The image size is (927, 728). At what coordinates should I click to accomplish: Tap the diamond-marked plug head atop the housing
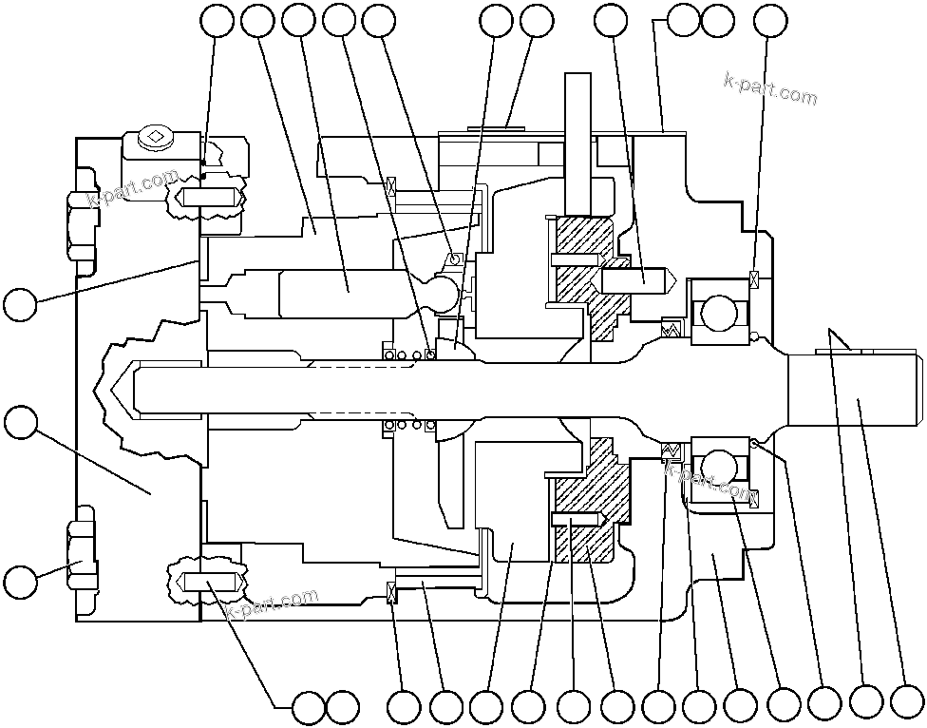(154, 139)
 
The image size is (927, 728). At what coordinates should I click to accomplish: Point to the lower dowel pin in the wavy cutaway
(209, 581)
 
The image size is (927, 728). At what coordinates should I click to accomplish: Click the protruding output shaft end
(855, 391)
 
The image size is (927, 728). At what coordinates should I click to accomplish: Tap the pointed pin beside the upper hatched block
(637, 277)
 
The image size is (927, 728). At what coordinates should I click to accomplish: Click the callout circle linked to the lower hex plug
(21, 580)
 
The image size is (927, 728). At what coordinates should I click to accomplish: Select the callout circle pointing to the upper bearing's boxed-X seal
(768, 18)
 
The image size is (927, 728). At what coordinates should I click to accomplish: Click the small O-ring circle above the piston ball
(455, 259)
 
